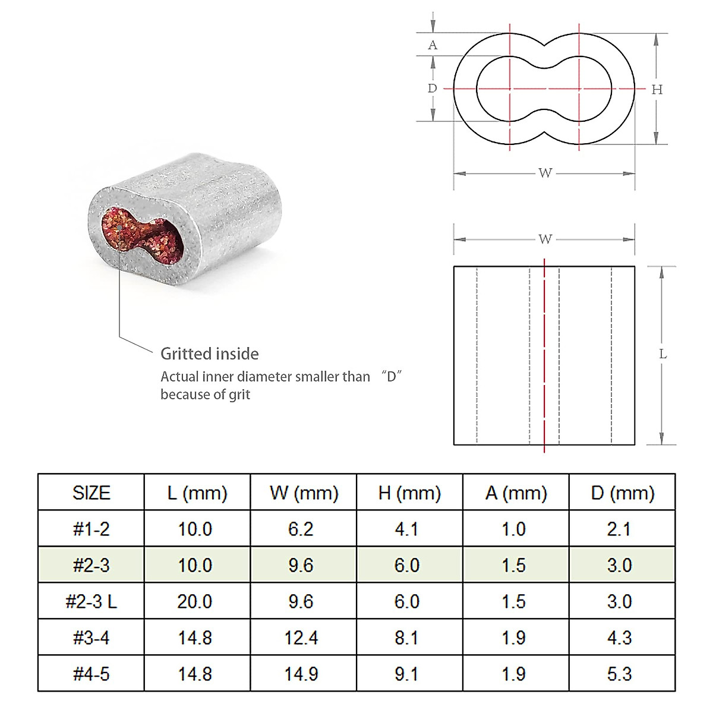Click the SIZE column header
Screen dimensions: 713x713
pos(91,493)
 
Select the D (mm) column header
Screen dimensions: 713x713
pos(622,493)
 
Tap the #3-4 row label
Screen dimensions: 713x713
pos(91,638)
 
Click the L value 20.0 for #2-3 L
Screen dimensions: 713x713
pos(195,601)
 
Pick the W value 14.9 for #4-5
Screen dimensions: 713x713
pos(301,674)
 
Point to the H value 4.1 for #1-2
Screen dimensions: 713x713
pos(406,529)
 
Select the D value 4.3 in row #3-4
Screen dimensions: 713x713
pos(619,638)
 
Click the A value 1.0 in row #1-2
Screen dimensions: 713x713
pos(513,529)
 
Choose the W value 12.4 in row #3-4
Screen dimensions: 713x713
pos(301,638)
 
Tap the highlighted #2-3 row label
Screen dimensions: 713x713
pos(91,565)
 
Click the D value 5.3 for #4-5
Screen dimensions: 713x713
pos(619,674)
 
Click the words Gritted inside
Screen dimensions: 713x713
pos(210,354)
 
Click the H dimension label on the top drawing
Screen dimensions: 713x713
pos(657,90)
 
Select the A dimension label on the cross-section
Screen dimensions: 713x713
pos(433,45)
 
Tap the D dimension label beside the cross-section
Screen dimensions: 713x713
pos(433,89)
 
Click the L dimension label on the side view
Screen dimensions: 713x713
pos(662,354)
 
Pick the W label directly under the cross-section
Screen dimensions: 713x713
pos(545,173)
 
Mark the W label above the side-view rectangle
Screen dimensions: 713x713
pos(545,239)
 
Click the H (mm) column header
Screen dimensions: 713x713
pos(409,493)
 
